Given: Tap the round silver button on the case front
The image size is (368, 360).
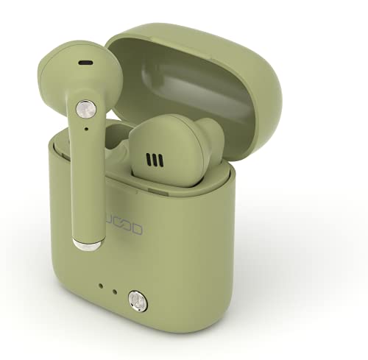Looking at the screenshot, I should [137, 299].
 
